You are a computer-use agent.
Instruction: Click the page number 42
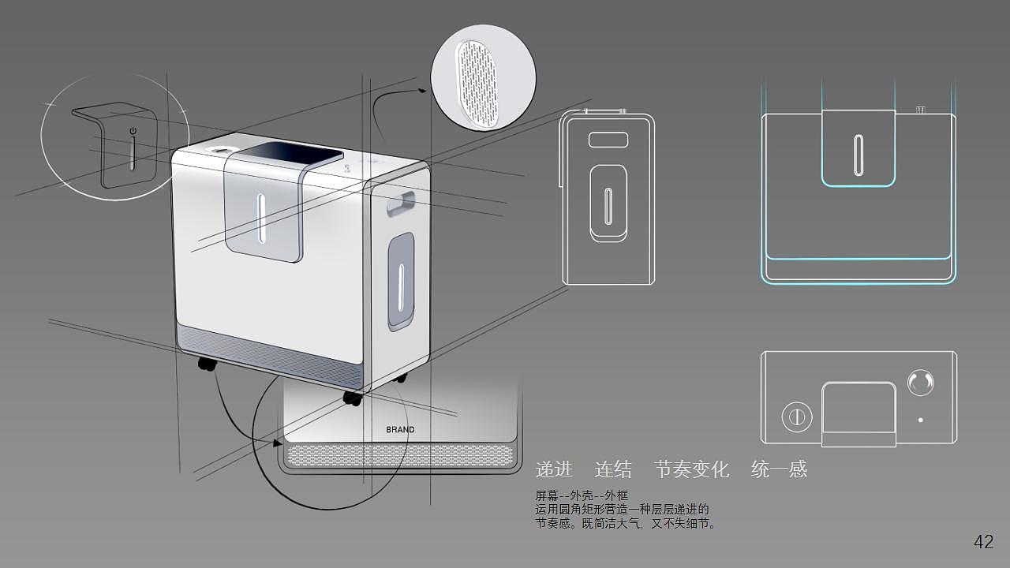click(x=983, y=541)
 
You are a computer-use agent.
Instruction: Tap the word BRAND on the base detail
click(x=400, y=430)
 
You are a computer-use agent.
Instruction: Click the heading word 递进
click(x=554, y=469)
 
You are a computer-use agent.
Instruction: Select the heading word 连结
click(x=613, y=469)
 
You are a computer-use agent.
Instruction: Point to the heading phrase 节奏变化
click(x=692, y=469)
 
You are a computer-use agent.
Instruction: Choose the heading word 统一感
click(x=779, y=469)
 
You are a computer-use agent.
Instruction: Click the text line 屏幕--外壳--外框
click(x=582, y=496)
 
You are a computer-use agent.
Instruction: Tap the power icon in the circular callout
click(x=133, y=131)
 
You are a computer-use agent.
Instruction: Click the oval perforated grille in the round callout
click(x=477, y=79)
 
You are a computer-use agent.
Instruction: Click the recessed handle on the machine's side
click(x=400, y=204)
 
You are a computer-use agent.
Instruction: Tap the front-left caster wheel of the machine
click(x=207, y=364)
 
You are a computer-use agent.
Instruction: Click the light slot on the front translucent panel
click(x=261, y=219)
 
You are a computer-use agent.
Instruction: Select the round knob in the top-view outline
click(x=920, y=383)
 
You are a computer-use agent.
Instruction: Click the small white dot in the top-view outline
click(x=920, y=420)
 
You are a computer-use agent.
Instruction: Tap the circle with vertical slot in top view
click(x=797, y=417)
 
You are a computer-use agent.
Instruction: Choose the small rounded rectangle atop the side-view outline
click(x=608, y=140)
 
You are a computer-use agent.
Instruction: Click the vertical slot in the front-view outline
click(x=858, y=155)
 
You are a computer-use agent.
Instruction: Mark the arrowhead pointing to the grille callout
click(x=422, y=90)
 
